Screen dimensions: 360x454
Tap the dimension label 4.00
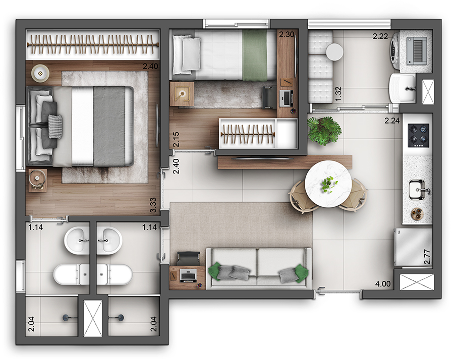point(383,284)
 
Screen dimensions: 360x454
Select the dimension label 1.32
point(338,93)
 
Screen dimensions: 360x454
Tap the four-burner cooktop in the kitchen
point(418,135)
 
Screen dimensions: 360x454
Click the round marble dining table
point(328,184)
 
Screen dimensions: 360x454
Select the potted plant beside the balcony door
point(323,131)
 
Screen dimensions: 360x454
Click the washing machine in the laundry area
point(413,49)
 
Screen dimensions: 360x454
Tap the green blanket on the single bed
point(255,54)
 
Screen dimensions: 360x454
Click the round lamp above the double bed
point(39,73)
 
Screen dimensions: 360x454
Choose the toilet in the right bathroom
point(115,274)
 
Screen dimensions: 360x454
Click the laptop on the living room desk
point(188,275)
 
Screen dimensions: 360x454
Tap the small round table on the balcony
point(334,51)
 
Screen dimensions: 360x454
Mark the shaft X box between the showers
point(92,318)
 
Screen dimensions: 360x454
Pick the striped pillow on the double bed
point(55,124)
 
